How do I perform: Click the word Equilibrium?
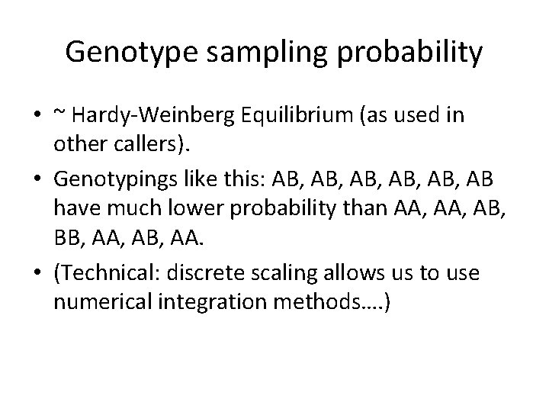287,117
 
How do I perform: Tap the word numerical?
97,303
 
